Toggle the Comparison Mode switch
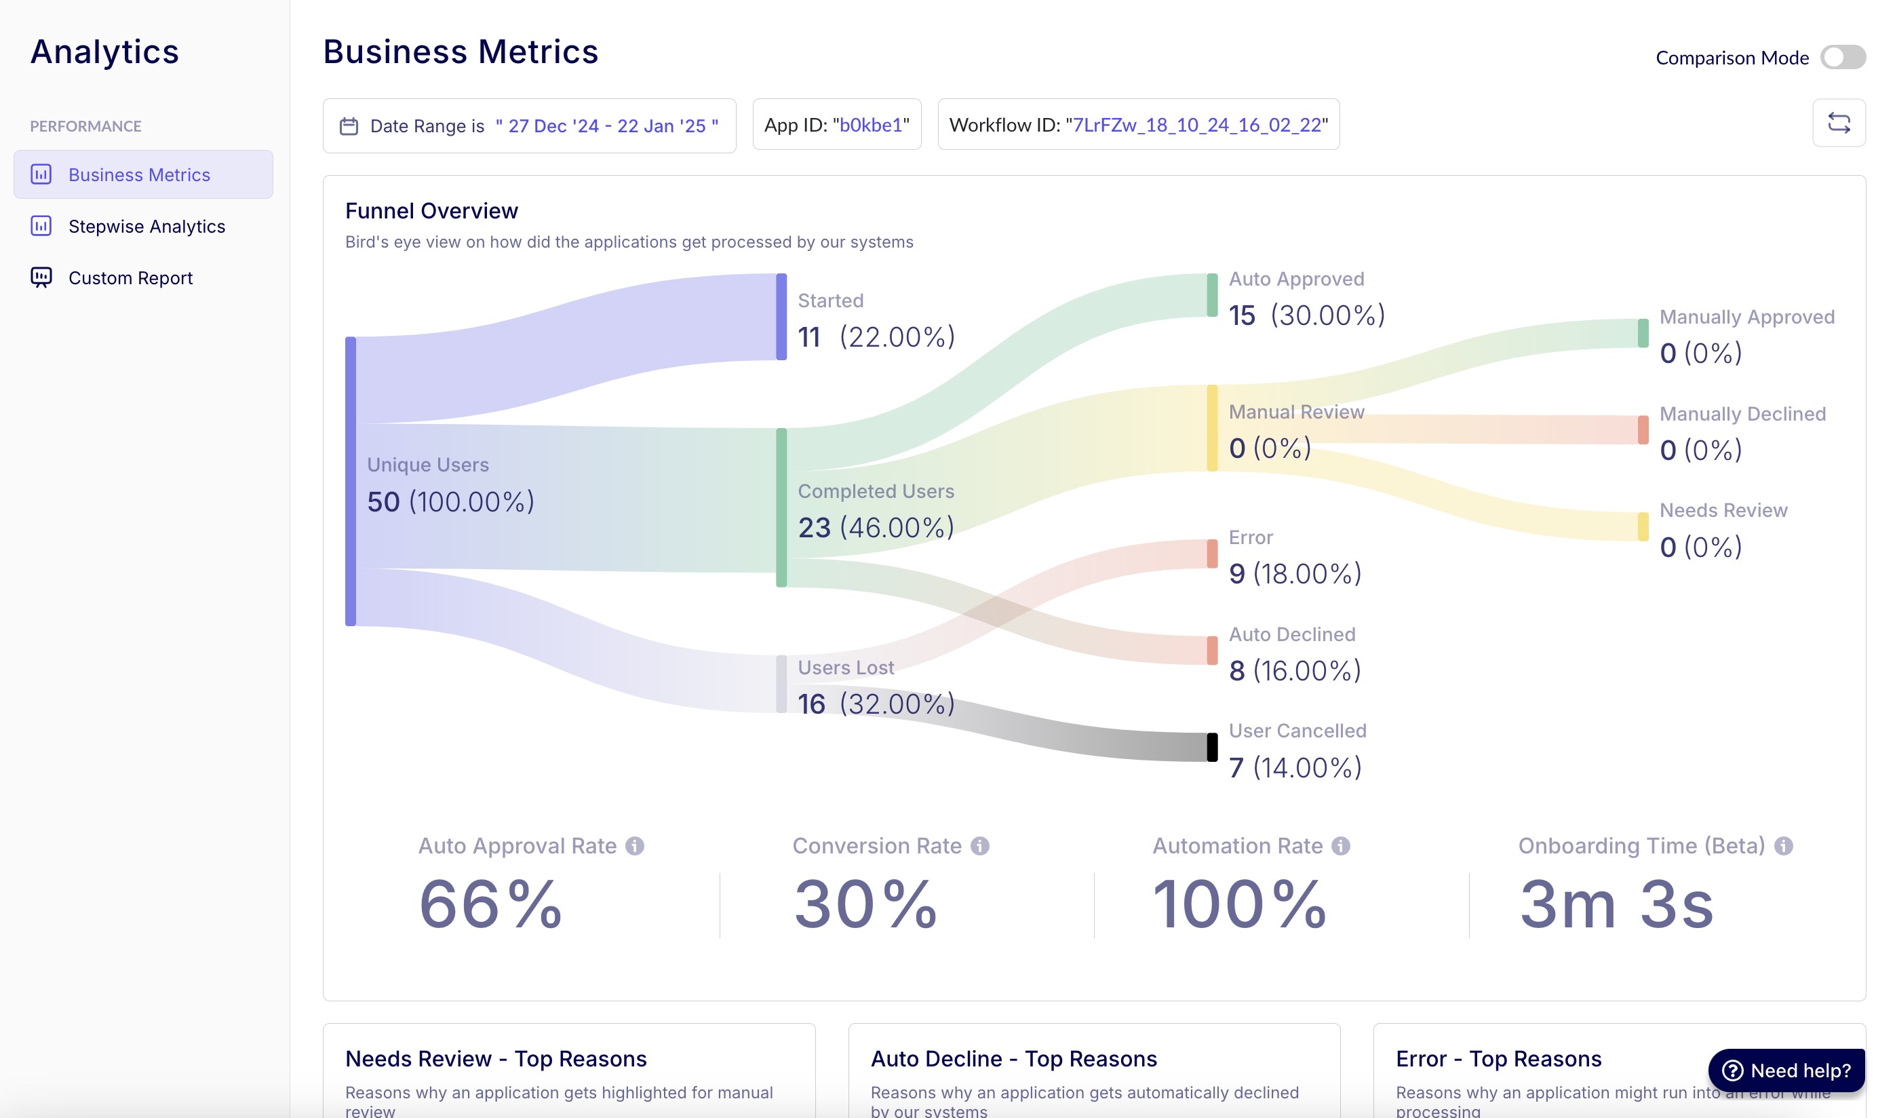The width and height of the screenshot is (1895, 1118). [1841, 57]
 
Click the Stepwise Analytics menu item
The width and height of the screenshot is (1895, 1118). [146, 226]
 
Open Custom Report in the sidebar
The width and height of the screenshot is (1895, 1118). [130, 278]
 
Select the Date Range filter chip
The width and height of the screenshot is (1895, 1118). [529, 126]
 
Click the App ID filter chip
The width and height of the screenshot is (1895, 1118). [836, 125]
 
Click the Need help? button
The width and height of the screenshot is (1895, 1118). [1786, 1070]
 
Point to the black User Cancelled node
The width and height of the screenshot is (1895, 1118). [1212, 748]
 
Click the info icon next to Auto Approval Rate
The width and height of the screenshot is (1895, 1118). [635, 846]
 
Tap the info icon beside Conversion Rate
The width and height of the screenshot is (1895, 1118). [979, 846]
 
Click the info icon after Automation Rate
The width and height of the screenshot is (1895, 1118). [1341, 846]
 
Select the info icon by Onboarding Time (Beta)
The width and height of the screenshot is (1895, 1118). [1783, 846]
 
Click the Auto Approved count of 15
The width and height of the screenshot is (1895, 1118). [1241, 315]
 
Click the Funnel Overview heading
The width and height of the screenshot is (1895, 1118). [431, 211]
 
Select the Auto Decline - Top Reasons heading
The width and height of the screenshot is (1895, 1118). [1013, 1058]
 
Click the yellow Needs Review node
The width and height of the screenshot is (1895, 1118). [1642, 526]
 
